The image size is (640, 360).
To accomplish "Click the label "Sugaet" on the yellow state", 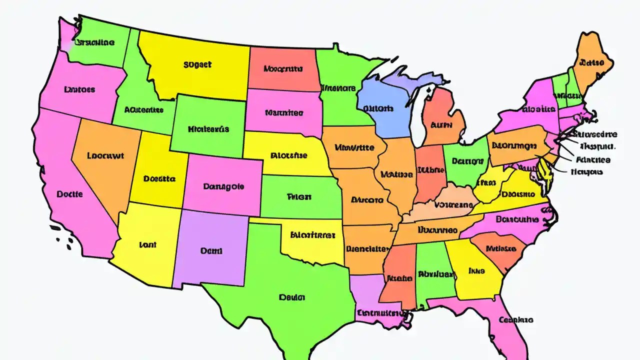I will click(197, 64).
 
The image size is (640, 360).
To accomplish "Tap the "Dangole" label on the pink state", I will click(224, 186).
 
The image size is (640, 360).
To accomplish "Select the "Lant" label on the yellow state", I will click(147, 245).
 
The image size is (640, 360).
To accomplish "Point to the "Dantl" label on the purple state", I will click(211, 251).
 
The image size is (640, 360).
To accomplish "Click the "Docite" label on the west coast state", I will click(69, 194).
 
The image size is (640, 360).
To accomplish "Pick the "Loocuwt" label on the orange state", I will click(105, 155).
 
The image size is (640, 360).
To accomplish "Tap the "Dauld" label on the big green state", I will click(291, 297).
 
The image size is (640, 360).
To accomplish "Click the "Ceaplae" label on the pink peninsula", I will click(516, 319).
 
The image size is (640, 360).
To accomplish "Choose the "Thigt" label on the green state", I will click(299, 196).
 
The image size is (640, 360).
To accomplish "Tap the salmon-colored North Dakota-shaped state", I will click(282, 69).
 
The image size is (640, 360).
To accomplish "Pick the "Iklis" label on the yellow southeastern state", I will click(476, 270).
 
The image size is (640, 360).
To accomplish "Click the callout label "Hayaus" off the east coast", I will click(586, 171).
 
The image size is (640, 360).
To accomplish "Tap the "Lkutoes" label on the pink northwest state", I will click(79, 90).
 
